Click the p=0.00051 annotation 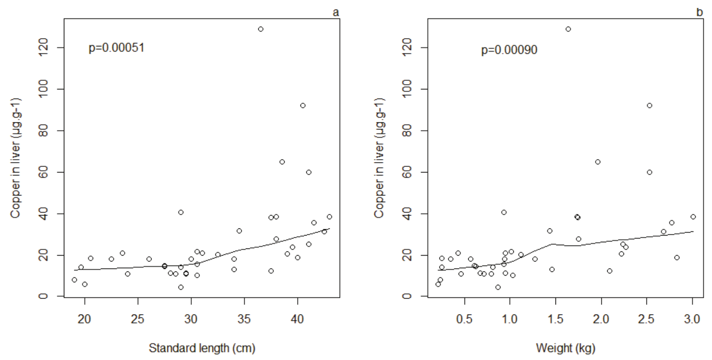click(x=116, y=48)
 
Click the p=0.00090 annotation click(x=509, y=50)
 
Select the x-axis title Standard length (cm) click(x=202, y=348)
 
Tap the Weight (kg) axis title click(x=566, y=348)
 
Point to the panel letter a click(x=336, y=13)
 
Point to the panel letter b click(x=699, y=13)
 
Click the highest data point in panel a click(x=261, y=29)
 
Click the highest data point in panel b click(x=568, y=29)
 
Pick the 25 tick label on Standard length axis click(x=138, y=319)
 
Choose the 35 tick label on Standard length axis click(x=244, y=319)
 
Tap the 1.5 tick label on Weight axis click(x=555, y=319)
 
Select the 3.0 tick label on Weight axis click(x=692, y=319)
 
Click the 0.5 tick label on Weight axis click(x=464, y=319)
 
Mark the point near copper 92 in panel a click(x=303, y=106)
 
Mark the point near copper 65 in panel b click(x=598, y=162)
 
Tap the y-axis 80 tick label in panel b click(x=407, y=131)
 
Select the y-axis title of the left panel click(x=15, y=158)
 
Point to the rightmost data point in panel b click(x=693, y=217)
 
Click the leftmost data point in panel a click(x=74, y=280)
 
